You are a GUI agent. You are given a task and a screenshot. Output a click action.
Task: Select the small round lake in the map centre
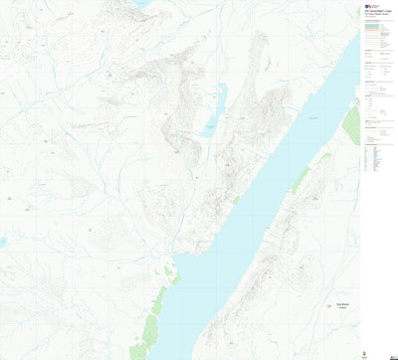click(x=209, y=130)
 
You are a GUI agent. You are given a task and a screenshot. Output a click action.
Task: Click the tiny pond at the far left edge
click(x=3, y=242)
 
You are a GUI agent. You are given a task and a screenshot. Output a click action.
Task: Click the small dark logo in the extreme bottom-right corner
click(x=390, y=354)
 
